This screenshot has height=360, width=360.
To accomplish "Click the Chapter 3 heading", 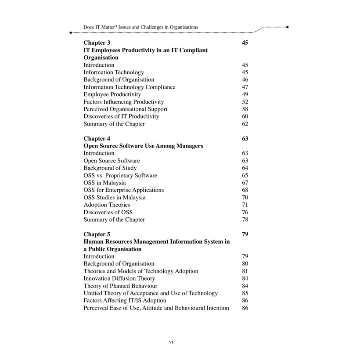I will [x=97, y=43].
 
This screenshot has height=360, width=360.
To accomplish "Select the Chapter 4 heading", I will [x=97, y=139].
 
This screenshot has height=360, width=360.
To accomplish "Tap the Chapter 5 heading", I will [x=97, y=234].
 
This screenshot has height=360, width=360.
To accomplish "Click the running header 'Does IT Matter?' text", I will [x=140, y=27].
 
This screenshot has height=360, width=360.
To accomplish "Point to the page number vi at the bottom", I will [x=171, y=342].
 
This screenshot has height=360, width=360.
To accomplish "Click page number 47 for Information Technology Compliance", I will [x=245, y=87].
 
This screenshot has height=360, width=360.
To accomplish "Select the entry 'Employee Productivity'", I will [x=112, y=94].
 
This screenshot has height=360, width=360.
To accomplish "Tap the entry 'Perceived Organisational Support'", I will [x=125, y=109].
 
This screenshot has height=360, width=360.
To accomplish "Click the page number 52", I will [x=245, y=102].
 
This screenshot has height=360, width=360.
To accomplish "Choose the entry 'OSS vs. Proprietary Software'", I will [x=120, y=176].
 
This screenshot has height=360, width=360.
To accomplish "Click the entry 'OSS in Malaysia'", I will [x=104, y=183].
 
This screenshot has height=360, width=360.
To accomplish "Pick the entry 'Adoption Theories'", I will [x=107, y=205].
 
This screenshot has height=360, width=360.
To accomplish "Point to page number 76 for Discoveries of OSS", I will [x=245, y=212].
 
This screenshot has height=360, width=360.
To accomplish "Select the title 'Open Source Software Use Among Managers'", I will [x=143, y=146].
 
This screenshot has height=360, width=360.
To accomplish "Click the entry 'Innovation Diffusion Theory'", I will [x=119, y=279].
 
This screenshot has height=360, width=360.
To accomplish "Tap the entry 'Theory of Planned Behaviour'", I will [x=120, y=286].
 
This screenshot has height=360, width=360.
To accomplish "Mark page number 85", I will [x=245, y=293].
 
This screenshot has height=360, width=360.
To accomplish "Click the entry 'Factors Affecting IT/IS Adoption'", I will [x=125, y=301].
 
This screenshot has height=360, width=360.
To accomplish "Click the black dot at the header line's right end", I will [x=287, y=27].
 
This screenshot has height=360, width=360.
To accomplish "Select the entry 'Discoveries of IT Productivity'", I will [x=121, y=117].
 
